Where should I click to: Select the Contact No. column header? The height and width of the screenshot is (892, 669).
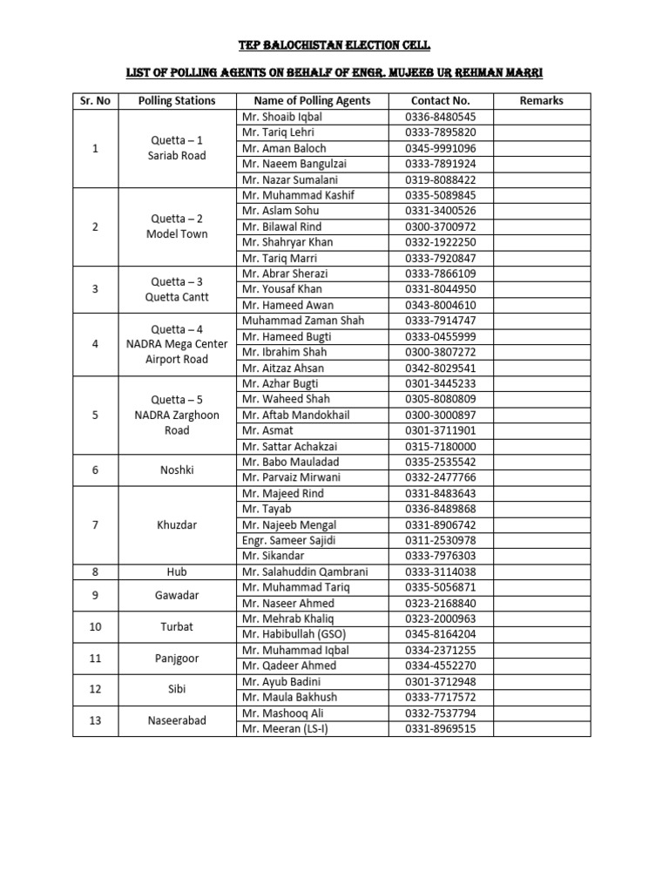[x=441, y=100]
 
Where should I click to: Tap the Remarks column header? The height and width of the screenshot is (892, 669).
[x=541, y=100]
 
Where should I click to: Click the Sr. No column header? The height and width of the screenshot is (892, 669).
[x=95, y=100]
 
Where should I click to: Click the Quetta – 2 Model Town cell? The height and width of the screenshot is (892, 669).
[x=177, y=226]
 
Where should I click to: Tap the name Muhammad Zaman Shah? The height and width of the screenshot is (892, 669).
[x=292, y=321]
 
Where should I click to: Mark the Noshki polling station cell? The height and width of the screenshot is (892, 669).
[x=177, y=470]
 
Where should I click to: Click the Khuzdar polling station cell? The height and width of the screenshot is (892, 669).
[x=177, y=524]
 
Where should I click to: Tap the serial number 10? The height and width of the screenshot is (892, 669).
[x=95, y=626]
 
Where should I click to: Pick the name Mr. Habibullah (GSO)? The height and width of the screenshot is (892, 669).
[x=292, y=634]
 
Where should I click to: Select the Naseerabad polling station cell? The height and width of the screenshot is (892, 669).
[x=177, y=720]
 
